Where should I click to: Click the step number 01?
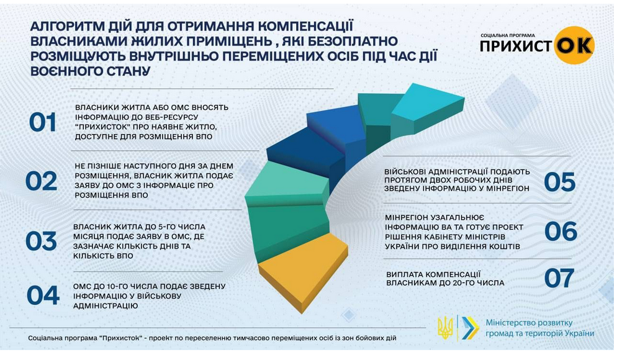pos(43,123)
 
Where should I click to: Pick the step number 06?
pos(561,232)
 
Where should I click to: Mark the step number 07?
pos(560,279)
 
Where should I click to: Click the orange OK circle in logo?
pos(574,45)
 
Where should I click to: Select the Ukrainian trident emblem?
pos(444,327)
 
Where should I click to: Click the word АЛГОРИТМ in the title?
pos(66,27)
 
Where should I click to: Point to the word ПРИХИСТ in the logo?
pos(516,47)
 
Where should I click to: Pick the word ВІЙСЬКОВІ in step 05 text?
pos(411,171)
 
